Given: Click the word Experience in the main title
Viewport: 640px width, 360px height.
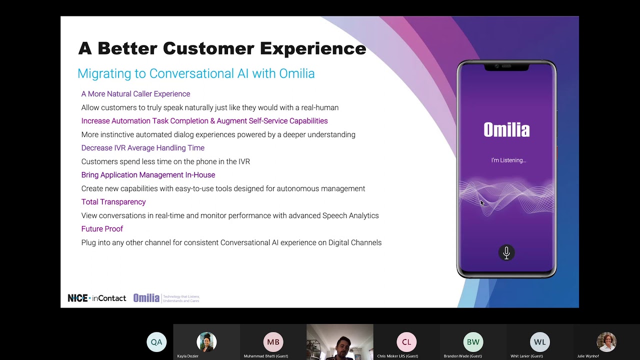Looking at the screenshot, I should (313, 48).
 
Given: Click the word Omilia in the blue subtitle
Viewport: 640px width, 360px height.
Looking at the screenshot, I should (296, 74).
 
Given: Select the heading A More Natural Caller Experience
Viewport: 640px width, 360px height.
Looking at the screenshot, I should (135, 94).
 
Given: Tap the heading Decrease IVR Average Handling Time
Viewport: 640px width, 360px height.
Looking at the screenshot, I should (142, 148).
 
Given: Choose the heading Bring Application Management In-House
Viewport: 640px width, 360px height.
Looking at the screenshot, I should (148, 175).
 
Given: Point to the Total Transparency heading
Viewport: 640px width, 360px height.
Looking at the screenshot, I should (113, 202).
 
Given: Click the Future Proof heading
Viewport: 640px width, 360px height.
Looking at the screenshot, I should (102, 229).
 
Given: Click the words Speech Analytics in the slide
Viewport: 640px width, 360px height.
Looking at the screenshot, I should (350, 216).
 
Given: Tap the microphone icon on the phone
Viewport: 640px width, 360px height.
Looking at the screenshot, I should (506, 252).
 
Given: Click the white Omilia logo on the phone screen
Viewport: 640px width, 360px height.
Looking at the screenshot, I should (506, 130).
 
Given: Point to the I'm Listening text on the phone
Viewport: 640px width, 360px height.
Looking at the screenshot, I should (508, 160).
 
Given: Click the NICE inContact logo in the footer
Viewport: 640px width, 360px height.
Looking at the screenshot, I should (97, 298).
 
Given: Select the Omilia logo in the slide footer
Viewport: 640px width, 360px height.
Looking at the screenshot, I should (146, 298).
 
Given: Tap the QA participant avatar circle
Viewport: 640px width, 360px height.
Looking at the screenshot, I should (156, 342).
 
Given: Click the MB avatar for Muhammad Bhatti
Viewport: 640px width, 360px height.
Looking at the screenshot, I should (273, 342).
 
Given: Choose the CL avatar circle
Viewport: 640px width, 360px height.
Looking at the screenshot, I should (406, 342).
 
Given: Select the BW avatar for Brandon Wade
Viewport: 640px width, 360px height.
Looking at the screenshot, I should (473, 342).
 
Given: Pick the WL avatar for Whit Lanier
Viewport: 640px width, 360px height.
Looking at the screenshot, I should (539, 342).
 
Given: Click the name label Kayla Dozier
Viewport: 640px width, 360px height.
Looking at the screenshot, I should (187, 356).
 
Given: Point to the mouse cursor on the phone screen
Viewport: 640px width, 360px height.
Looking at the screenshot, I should (482, 202).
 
